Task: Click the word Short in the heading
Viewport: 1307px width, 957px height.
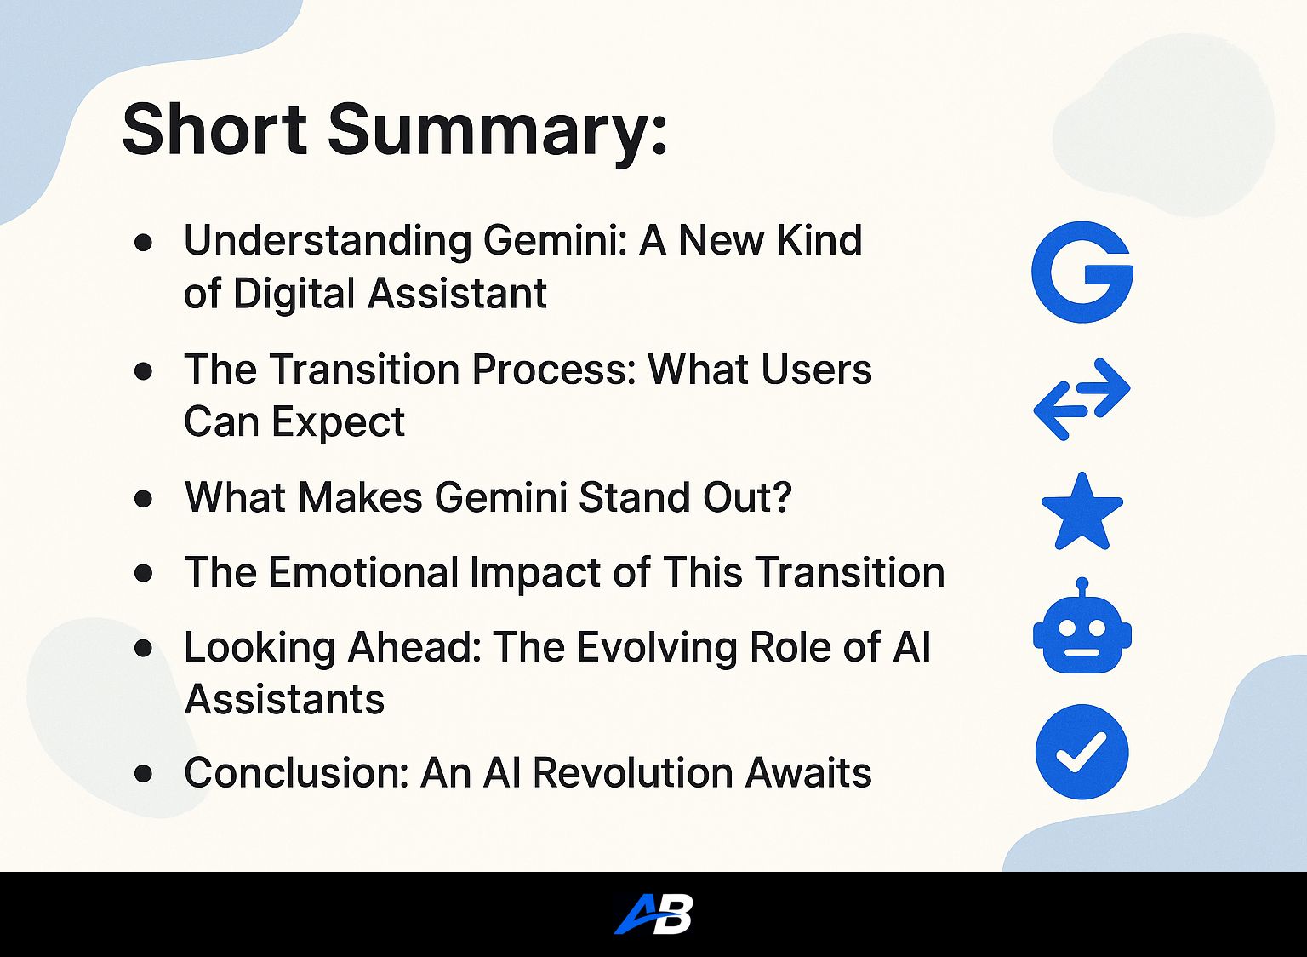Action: (214, 129)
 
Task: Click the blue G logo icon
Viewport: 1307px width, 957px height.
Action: (1082, 272)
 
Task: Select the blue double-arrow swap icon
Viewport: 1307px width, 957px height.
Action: (1082, 398)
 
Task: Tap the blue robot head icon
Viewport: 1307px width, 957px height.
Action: (1082, 626)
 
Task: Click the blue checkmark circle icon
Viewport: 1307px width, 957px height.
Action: (1082, 752)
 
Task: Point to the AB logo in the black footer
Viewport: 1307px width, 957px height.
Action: (653, 914)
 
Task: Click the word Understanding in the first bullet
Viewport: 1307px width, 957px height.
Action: (328, 241)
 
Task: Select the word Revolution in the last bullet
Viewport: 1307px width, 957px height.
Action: (632, 773)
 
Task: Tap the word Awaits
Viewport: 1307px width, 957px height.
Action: (808, 773)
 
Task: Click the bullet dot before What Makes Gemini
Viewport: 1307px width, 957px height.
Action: (143, 499)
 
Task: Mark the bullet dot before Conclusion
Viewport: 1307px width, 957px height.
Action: (143, 774)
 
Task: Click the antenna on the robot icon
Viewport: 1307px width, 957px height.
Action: (1082, 587)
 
